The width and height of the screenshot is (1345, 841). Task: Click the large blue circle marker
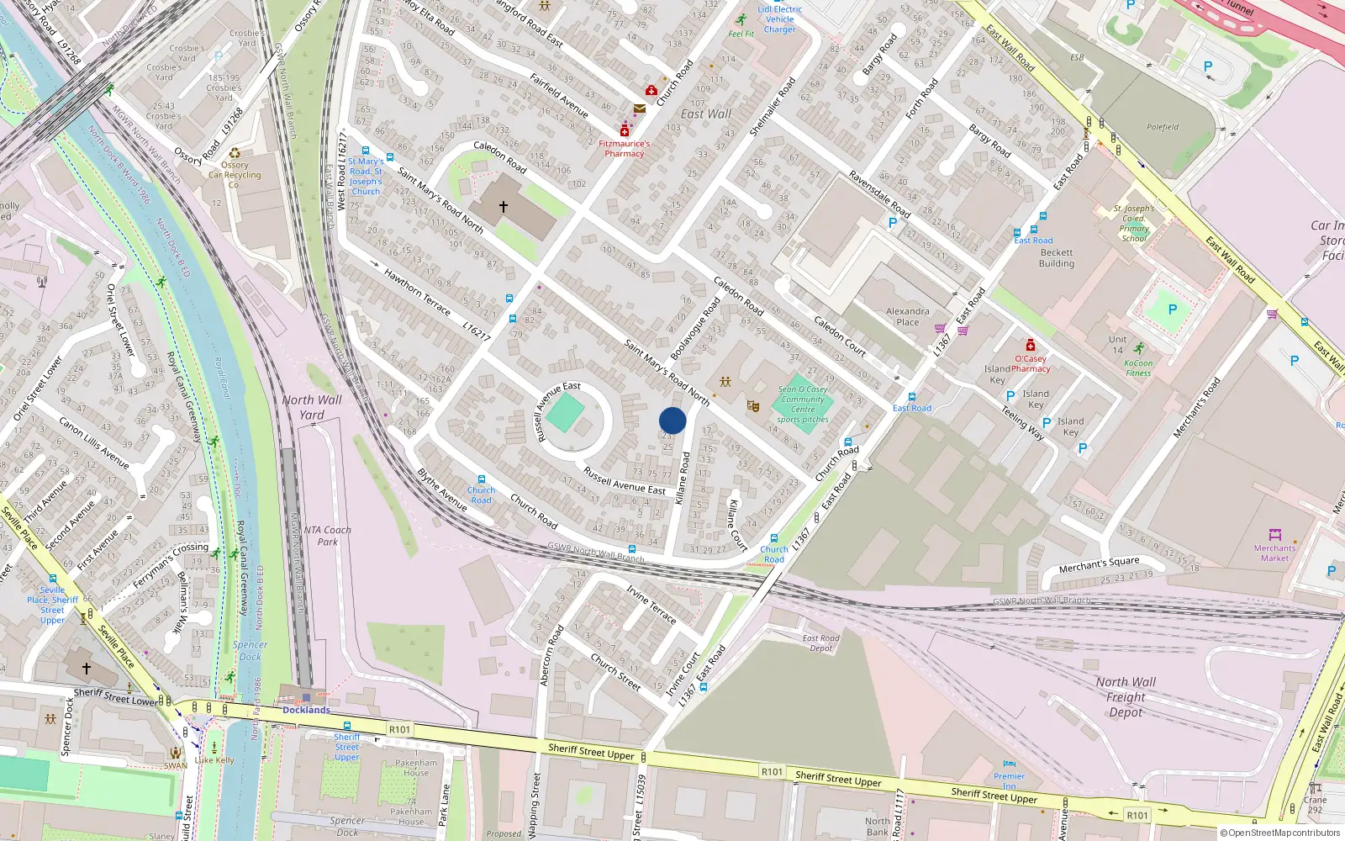click(672, 420)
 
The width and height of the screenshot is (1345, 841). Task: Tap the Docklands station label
click(306, 710)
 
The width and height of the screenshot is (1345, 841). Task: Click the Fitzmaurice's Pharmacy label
click(624, 149)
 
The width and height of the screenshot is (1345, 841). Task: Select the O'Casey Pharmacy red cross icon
click(1030, 346)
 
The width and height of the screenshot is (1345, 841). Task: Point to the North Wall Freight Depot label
click(1125, 697)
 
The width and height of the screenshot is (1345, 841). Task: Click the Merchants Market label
click(1274, 553)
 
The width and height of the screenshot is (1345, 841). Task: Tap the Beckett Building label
click(1057, 257)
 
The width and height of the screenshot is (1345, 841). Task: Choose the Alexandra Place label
click(907, 316)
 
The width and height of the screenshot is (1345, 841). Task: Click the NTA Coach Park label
click(327, 536)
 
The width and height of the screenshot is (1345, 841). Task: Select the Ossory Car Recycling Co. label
click(235, 175)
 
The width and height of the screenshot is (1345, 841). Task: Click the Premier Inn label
click(1009, 780)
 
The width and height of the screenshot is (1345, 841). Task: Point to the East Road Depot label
click(821, 643)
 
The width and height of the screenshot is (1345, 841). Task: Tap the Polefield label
click(1163, 127)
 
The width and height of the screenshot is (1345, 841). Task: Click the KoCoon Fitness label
click(1138, 368)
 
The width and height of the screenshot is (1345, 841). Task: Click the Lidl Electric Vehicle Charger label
click(779, 19)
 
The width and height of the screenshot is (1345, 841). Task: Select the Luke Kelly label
click(214, 759)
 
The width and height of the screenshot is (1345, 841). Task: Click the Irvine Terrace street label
click(651, 604)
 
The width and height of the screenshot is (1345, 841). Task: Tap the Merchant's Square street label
click(1099, 563)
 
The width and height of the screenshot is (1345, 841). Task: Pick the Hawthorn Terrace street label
click(417, 290)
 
